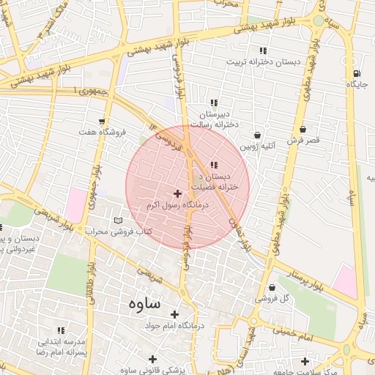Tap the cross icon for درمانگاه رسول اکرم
pyautogui.click(x=177, y=193)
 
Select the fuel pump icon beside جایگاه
pyautogui.click(x=356, y=73)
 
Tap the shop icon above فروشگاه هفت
pyautogui.click(x=102, y=122)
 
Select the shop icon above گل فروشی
pyautogui.click(x=272, y=287)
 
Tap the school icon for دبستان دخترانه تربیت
pyautogui.click(x=262, y=51)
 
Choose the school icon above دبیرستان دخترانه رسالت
pyautogui.click(x=214, y=103)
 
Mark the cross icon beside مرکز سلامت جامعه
pyautogui.click(x=305, y=360)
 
